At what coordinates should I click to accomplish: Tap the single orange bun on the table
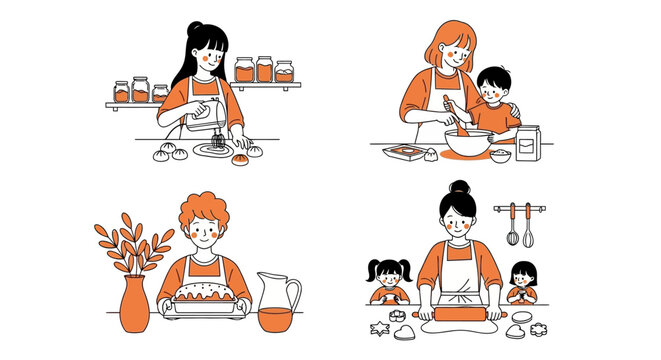tap(241, 158)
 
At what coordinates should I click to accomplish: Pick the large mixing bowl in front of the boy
tap(467, 139)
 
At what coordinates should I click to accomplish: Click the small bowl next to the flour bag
tap(499, 154)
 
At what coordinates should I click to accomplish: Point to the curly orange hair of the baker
tap(204, 211)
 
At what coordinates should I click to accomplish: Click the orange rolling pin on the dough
tap(461, 305)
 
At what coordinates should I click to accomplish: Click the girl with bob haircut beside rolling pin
tap(521, 283)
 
